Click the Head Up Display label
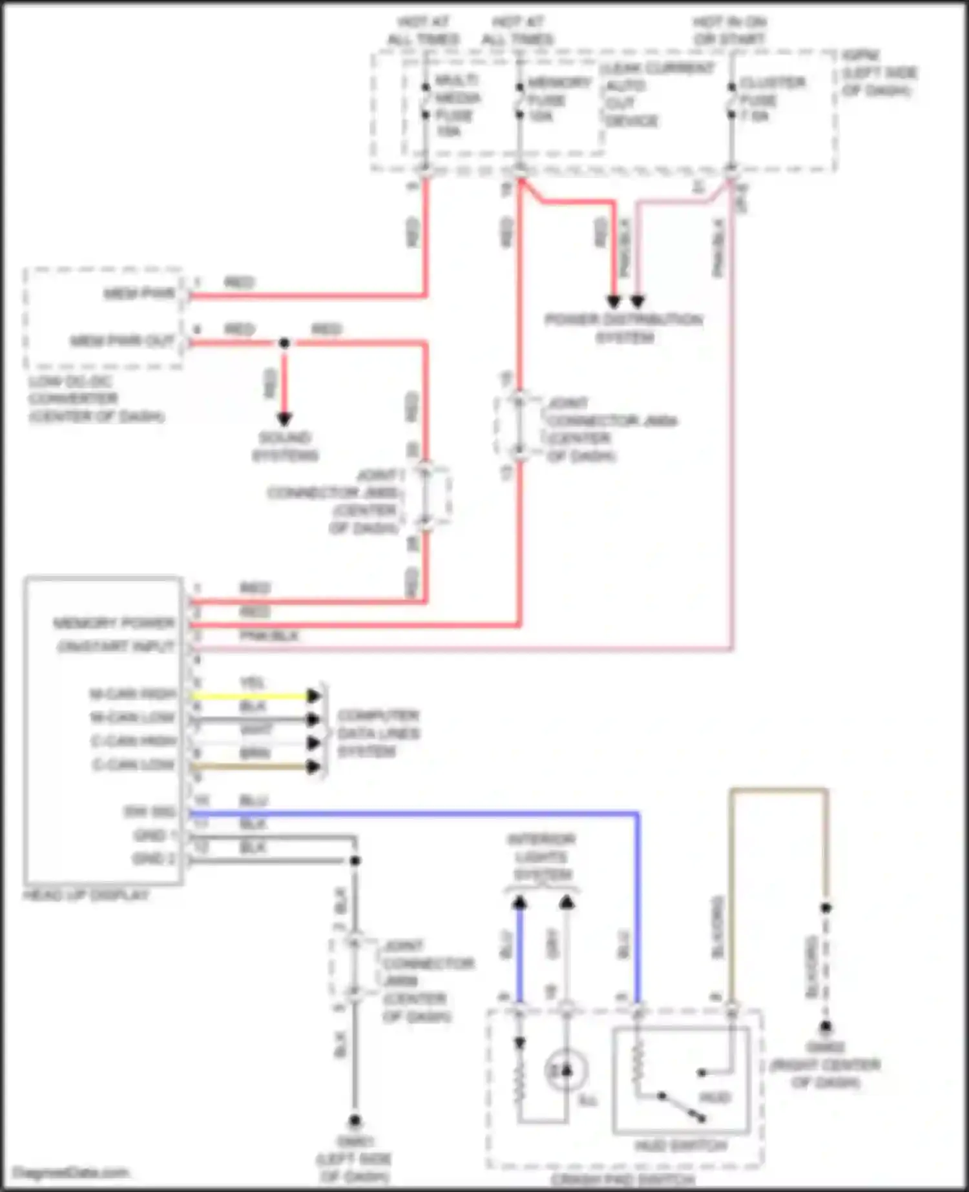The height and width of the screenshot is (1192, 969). (x=86, y=895)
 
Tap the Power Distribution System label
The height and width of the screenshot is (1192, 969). (x=623, y=328)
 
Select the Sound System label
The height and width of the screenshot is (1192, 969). (x=285, y=446)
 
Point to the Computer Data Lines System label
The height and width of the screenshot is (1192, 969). (x=378, y=733)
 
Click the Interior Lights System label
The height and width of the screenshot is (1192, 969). (x=541, y=857)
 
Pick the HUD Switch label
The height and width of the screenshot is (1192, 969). (x=680, y=1146)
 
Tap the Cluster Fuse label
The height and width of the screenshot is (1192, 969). (x=771, y=99)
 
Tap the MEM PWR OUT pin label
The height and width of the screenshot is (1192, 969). (x=122, y=341)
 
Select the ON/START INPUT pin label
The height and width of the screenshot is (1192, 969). (x=116, y=646)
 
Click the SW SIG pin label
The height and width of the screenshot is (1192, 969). (x=149, y=812)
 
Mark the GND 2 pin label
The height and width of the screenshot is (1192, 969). (x=154, y=859)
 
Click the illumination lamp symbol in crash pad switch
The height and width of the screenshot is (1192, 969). (x=566, y=1071)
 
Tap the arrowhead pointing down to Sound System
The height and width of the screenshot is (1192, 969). (x=284, y=418)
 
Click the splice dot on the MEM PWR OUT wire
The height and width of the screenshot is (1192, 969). (x=284, y=343)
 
